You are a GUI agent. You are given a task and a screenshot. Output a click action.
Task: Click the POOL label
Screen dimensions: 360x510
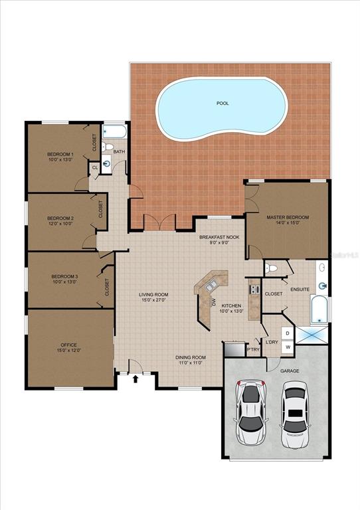tap(223, 104)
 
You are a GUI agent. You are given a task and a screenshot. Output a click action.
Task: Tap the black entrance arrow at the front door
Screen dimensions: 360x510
tap(136, 379)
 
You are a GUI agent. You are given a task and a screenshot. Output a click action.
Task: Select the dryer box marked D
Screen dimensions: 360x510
tap(288, 333)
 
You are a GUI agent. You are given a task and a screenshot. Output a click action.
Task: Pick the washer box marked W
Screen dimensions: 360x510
tap(288, 347)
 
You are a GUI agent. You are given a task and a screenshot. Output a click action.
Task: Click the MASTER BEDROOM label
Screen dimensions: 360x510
tap(288, 217)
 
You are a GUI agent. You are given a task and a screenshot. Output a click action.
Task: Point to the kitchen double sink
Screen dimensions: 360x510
tap(211, 286)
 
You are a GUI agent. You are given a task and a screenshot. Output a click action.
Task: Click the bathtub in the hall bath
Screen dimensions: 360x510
tap(114, 131)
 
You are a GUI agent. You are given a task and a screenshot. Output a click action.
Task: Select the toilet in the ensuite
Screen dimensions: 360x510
tap(271, 268)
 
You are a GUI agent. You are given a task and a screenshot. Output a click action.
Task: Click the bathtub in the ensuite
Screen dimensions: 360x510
tap(319, 309)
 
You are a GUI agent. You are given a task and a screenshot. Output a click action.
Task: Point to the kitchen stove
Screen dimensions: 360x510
tap(254, 290)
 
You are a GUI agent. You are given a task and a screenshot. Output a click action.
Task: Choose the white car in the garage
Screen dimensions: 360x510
tap(294, 414)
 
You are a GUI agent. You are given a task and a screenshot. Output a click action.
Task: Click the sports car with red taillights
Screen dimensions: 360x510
tap(252, 412)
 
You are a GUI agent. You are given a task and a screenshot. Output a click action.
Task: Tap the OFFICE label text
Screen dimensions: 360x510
tap(69, 345)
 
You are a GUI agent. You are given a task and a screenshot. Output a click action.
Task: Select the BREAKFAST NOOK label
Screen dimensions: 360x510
tap(219, 237)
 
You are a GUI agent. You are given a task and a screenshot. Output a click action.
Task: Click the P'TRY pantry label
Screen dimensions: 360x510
tap(253, 350)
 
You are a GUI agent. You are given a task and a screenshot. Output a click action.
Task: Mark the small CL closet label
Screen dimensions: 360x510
tap(95, 168)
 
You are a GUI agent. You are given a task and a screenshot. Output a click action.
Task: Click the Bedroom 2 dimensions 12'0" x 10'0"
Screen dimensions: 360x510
tap(60, 224)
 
